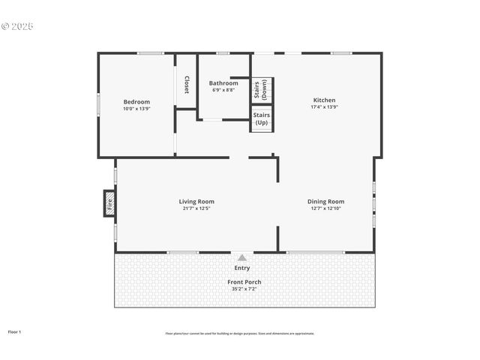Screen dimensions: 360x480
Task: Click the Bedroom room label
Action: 136,101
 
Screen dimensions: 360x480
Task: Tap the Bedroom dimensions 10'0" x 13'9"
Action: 136,108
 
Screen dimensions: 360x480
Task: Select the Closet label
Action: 187,85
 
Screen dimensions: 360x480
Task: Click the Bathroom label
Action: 223,82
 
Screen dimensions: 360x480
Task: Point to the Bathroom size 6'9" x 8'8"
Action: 223,89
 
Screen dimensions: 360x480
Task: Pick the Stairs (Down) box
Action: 262,90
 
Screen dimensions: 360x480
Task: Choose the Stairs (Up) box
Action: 262,118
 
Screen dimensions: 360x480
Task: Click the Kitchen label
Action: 324,100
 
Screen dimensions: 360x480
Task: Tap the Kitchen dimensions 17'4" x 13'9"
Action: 324,106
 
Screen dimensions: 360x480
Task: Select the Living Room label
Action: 196,201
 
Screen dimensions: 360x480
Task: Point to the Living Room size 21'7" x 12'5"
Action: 196,208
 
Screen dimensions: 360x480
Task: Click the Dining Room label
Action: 325,201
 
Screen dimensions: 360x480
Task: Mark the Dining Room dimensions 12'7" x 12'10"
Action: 325,208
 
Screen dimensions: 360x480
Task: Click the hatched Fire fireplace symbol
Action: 109,202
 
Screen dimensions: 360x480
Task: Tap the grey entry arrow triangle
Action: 241,257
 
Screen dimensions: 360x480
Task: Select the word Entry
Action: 241,267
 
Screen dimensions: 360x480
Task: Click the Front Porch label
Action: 244,282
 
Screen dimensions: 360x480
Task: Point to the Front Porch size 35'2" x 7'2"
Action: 244,289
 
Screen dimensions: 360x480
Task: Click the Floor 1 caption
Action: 15,331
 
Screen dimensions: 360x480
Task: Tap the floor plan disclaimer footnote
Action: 240,333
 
